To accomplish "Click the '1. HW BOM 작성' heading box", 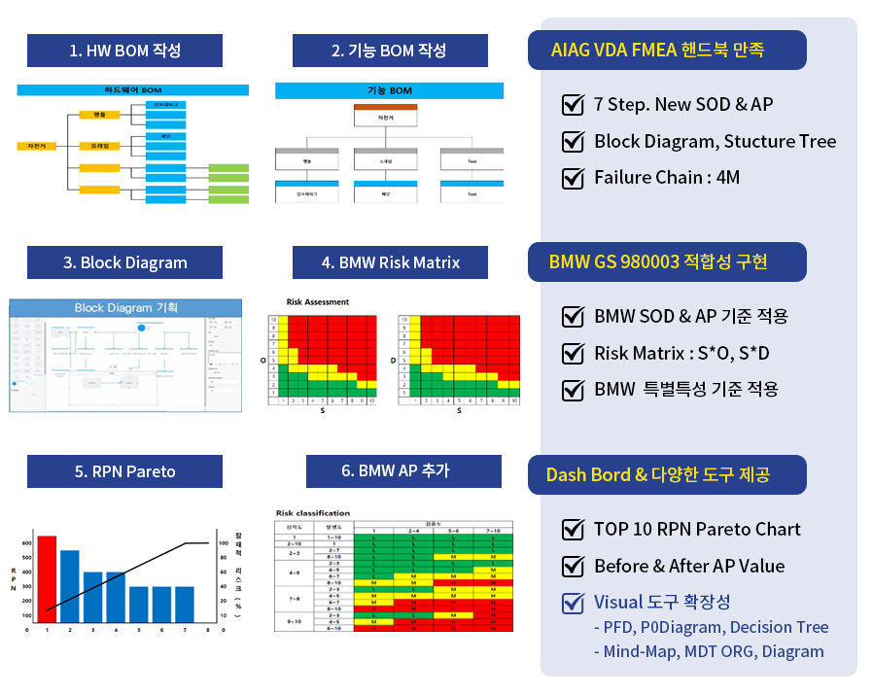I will pos(124,51).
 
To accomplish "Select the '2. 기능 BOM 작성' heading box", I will pos(389,51).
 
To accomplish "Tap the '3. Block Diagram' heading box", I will pos(124,262).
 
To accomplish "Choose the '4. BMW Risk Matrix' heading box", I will pos(389,262).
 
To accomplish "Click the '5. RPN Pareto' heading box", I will pos(124,471).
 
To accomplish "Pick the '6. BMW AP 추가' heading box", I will pos(403,471).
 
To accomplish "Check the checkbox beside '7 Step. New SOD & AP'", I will pos(573,105).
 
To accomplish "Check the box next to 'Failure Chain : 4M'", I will pos(573,178).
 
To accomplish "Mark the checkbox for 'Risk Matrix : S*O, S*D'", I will pos(573,353).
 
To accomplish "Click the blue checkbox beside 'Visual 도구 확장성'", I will pos(573,603).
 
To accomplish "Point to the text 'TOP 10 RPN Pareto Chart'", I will pos(697,530).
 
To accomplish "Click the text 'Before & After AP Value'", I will pos(689,566).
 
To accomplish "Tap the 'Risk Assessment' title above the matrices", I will pos(318,302).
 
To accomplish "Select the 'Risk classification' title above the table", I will pos(313,513).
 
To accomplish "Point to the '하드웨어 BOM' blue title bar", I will pos(133,89).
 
